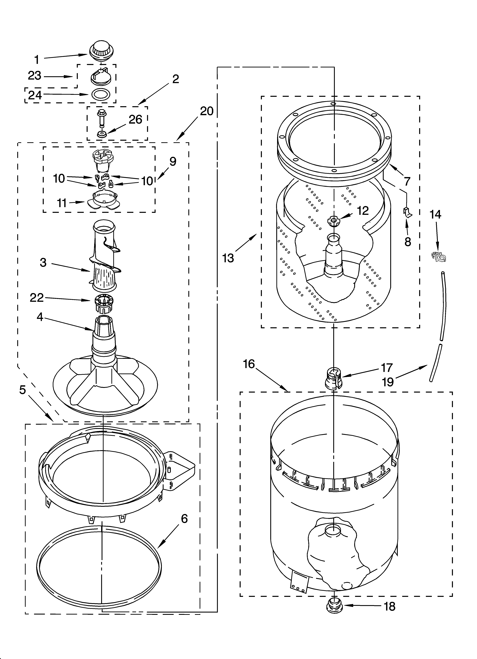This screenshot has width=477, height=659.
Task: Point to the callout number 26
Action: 135,119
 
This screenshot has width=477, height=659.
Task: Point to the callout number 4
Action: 40,317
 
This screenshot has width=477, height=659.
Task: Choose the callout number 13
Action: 228,258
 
